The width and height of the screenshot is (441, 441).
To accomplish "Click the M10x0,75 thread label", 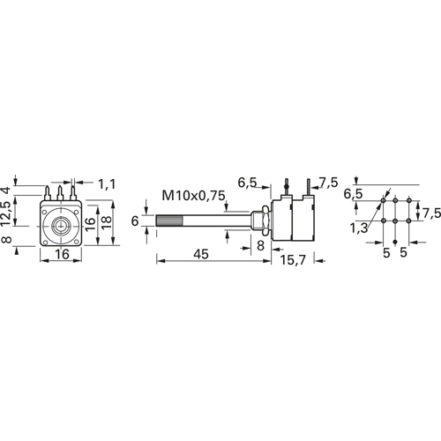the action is (x=194, y=196).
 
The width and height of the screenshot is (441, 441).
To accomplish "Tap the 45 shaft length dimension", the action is (x=201, y=254).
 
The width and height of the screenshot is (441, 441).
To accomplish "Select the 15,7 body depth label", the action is (x=293, y=260).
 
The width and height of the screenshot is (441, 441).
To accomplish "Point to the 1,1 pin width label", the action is (x=107, y=184).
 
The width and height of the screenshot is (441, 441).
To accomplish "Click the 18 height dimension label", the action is (x=107, y=222).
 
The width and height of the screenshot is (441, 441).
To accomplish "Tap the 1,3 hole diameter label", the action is (x=359, y=228).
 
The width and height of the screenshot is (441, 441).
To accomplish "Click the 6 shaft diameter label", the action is (x=135, y=220).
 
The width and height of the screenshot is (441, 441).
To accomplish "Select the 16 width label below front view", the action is (x=62, y=254).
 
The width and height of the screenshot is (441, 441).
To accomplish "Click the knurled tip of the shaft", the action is (x=169, y=220).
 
